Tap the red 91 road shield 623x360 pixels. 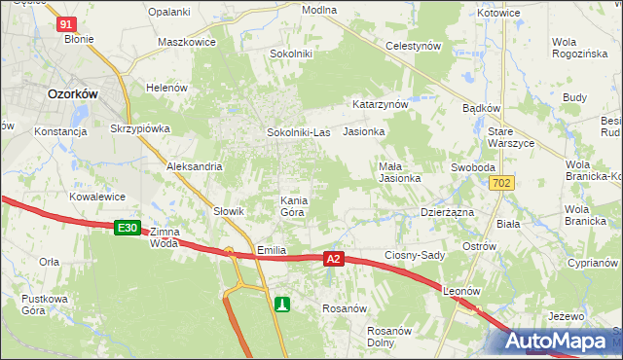click(65, 24)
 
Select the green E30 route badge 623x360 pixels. click(127, 228)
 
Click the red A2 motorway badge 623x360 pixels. click(334, 259)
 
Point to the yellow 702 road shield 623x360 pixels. click(502, 183)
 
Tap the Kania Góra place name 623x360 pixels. click(294, 206)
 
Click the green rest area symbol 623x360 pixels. click(282, 305)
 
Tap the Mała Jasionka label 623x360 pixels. click(399, 172)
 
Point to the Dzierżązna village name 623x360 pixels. click(447, 210)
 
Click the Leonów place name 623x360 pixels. click(461, 291)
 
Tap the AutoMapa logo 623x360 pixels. click(563, 342)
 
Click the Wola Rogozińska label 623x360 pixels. click(577, 49)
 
